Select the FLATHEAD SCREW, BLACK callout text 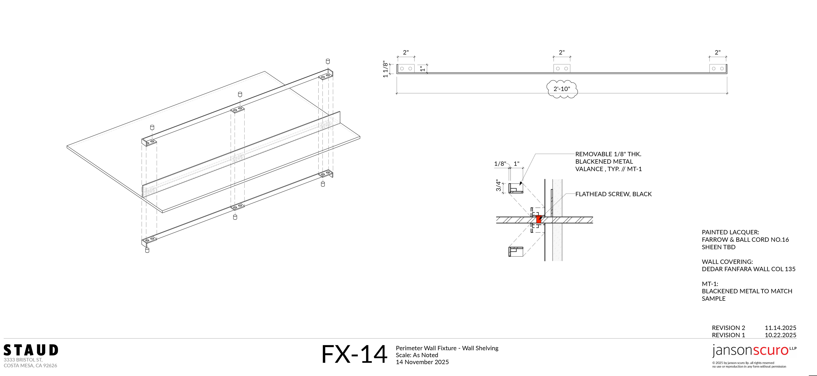pyautogui.click(x=613, y=194)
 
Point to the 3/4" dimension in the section pyautogui.click(x=498, y=186)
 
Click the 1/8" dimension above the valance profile pyautogui.click(x=500, y=164)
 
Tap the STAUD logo pyautogui.click(x=31, y=350)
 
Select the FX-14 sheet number pyautogui.click(x=354, y=354)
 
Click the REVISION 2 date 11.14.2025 pyautogui.click(x=780, y=328)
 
